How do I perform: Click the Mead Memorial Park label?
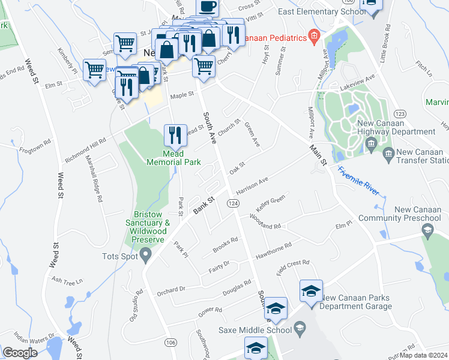(175, 157)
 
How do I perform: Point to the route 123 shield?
(399, 114)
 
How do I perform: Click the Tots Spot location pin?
(146, 256)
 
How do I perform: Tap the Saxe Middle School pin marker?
(300, 329)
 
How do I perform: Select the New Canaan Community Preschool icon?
(427, 229)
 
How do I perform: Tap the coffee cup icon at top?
(208, 7)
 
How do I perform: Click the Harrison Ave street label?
(252, 185)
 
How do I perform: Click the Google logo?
(20, 353)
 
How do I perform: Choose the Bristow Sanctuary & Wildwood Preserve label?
(148, 227)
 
